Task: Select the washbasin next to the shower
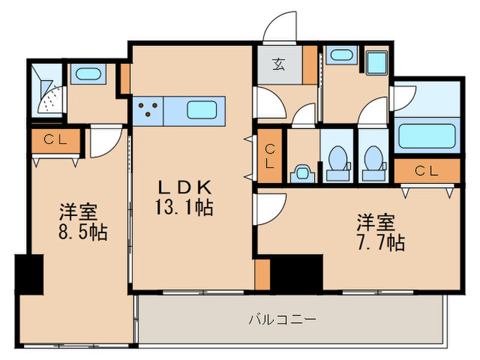pyautogui.click(x=87, y=74)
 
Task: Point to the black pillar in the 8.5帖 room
pyautogui.click(x=29, y=275)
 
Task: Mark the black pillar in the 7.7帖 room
pyautogui.click(x=296, y=272)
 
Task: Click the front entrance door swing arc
pyautogui.click(x=280, y=27)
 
